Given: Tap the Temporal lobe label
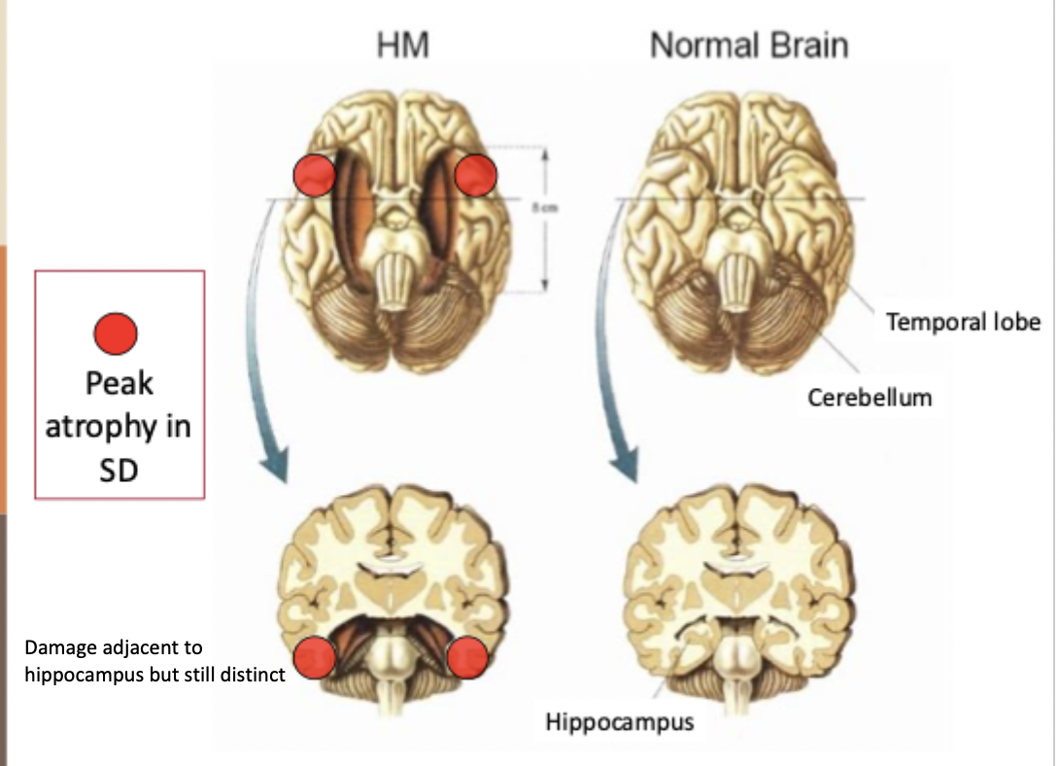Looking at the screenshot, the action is pyautogui.click(x=963, y=321).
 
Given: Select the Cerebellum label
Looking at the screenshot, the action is pyautogui.click(x=870, y=396).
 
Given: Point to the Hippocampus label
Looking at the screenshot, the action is pyautogui.click(x=620, y=722).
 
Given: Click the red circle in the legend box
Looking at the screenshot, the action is pyautogui.click(x=115, y=335).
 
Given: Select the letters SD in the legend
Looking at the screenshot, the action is pyautogui.click(x=119, y=470).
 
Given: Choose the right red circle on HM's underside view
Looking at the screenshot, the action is pyautogui.click(x=476, y=174).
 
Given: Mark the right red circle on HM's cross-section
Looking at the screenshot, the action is pyautogui.click(x=467, y=658).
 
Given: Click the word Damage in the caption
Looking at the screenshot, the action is pyautogui.click(x=58, y=647).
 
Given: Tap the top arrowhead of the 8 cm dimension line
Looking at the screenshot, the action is pyautogui.click(x=546, y=154).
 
